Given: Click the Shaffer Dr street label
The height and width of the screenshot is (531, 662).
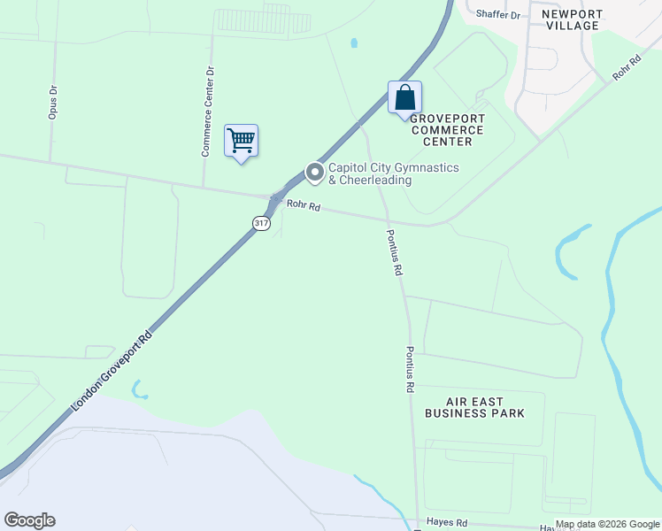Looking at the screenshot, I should [x=499, y=14].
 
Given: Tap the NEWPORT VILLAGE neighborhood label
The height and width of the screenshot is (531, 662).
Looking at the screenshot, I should [x=572, y=19].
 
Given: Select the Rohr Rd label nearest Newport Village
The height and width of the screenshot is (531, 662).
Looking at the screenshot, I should [x=627, y=69].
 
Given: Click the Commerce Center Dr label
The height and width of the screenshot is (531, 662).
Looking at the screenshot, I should [x=207, y=112].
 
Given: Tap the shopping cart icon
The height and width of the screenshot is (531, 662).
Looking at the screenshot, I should [x=241, y=141].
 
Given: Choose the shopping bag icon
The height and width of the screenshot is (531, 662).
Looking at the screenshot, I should [x=404, y=97].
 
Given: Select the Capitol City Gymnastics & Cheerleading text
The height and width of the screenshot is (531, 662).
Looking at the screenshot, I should [x=370, y=173].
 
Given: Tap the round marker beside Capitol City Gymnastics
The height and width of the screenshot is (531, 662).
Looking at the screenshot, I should [x=313, y=173].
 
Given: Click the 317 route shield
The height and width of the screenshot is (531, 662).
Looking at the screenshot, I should [x=260, y=224].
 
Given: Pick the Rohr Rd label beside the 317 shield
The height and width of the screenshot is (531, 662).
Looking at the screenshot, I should [x=303, y=207].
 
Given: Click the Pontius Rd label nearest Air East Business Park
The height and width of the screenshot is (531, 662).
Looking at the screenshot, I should [x=410, y=369].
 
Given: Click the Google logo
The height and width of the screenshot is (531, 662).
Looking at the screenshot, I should [x=29, y=520].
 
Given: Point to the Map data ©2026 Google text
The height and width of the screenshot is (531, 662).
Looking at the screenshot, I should [x=607, y=524].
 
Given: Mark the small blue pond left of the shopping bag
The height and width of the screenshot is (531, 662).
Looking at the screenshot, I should [x=354, y=42].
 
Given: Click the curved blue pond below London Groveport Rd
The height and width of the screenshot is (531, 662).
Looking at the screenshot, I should [x=137, y=389].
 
